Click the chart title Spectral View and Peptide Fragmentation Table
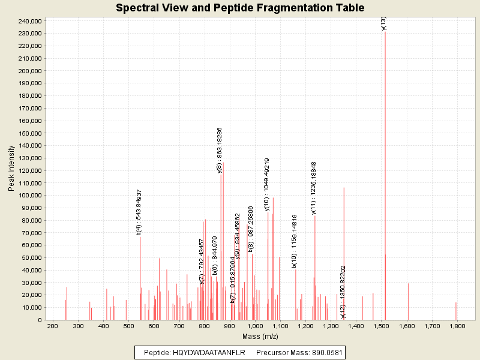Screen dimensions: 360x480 click(x=240, y=8)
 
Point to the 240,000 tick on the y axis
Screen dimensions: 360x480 click(x=29, y=21)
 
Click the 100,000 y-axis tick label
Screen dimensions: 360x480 click(x=29, y=196)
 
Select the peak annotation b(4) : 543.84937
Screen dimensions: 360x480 click(x=139, y=212)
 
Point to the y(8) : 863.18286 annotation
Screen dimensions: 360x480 click(x=220, y=150)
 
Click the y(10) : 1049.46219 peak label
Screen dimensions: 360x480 click(x=267, y=184)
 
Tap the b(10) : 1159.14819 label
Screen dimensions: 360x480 click(x=294, y=241)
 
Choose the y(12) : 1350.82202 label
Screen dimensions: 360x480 click(x=343, y=292)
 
